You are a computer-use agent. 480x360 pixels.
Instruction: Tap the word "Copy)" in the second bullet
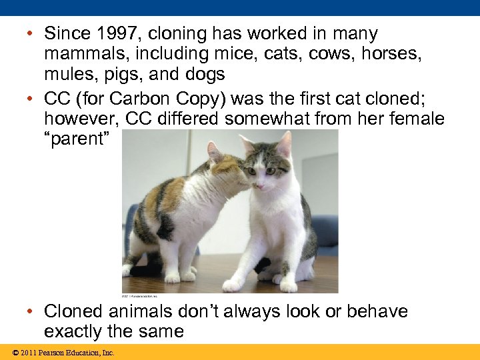point(208,99)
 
